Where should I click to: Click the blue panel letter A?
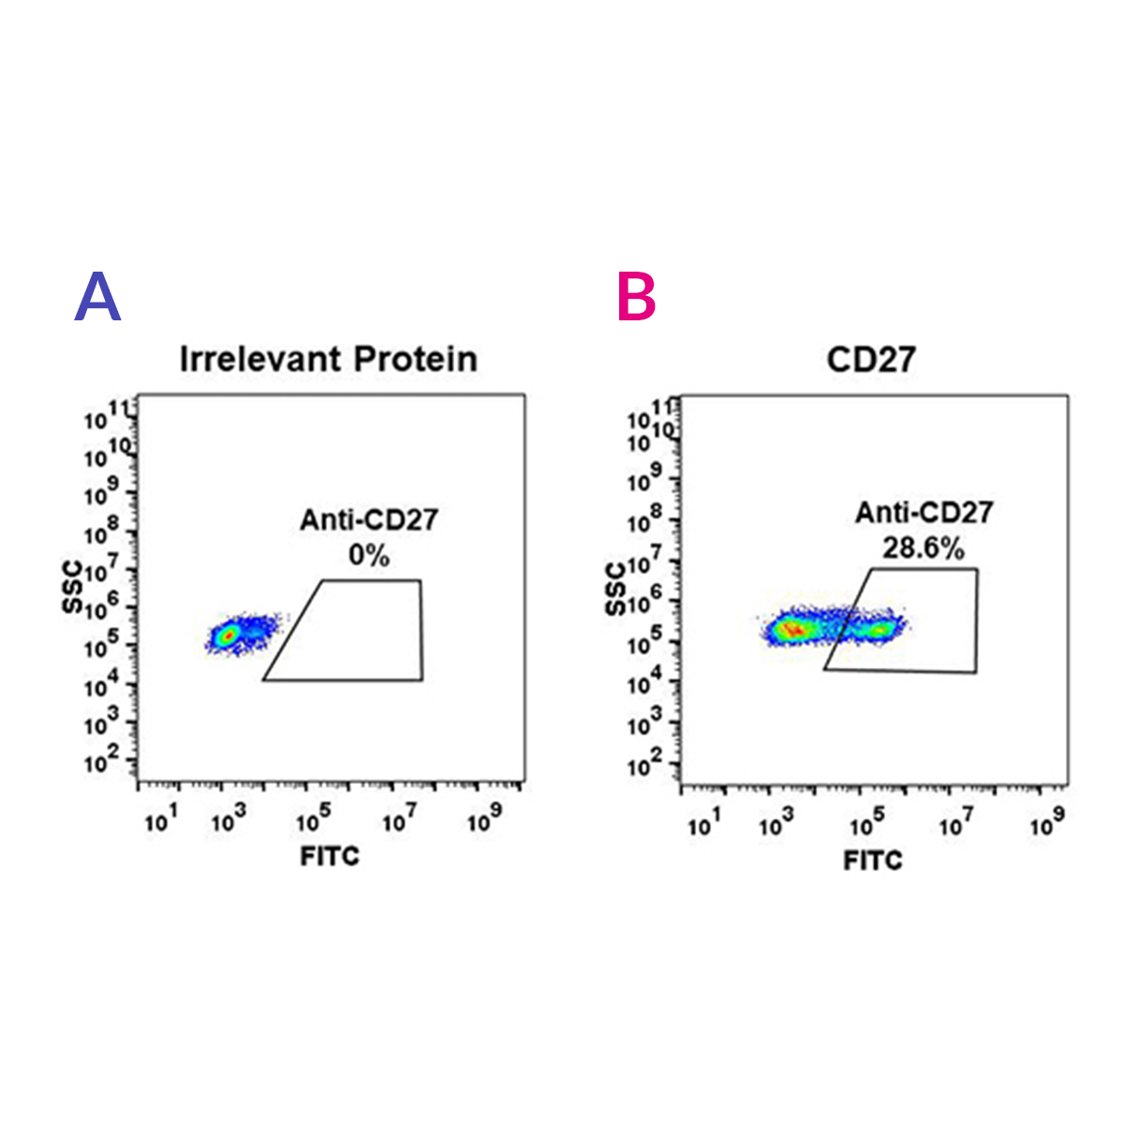98,298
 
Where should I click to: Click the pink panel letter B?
637,298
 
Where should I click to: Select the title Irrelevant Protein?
328,359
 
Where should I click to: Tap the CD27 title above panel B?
870,359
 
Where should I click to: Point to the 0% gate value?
368,555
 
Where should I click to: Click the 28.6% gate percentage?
923,547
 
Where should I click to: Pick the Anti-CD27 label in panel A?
368,520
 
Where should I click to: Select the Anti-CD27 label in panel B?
924,512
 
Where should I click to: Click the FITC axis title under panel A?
330,855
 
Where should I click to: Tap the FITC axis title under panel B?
873,860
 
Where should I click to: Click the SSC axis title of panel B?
615,589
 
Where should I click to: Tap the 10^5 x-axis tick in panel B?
867,824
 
